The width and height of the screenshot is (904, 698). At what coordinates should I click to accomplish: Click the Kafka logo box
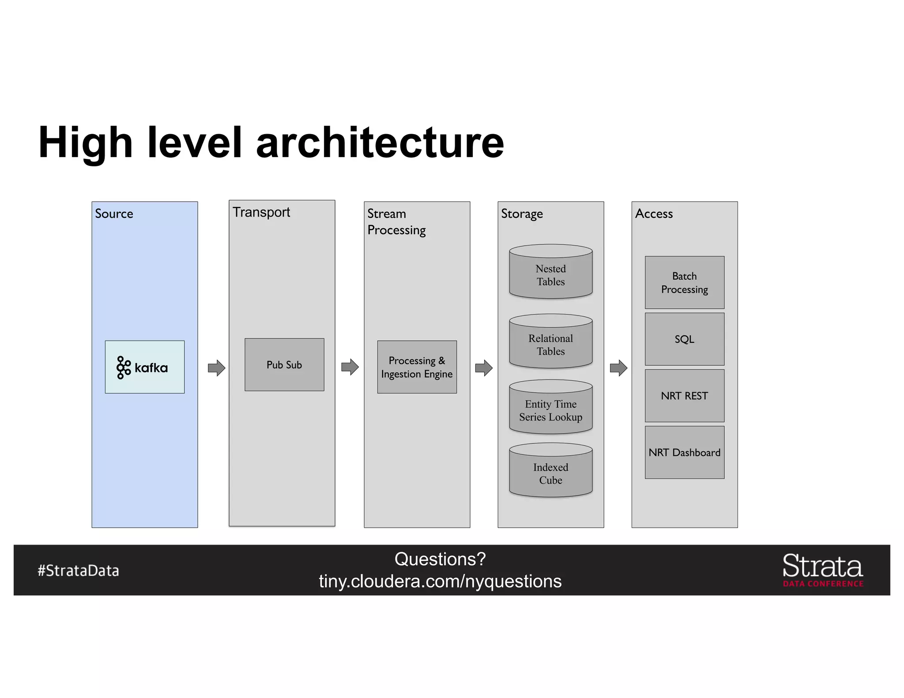coord(144,367)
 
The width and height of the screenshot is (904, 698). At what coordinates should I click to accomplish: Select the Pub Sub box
coord(284,364)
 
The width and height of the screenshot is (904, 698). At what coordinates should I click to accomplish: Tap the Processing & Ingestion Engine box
coord(417,367)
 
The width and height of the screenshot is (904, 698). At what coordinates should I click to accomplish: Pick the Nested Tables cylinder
coord(550,272)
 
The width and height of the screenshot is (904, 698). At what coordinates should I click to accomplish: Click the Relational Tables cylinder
coord(550,342)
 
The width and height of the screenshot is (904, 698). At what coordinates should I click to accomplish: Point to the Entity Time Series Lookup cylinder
coord(550,408)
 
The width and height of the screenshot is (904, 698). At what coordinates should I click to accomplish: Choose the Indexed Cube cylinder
coord(550,471)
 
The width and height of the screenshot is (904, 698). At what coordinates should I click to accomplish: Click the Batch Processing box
coord(684,282)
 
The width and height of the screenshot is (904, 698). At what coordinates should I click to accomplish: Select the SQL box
coord(684,339)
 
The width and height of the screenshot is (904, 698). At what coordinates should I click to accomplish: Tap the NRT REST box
coord(684,395)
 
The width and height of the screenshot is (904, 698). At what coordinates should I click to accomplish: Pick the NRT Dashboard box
coord(684,452)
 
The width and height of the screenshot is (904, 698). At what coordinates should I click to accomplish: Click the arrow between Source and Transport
coord(216,368)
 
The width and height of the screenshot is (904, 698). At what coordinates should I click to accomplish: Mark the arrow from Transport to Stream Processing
coord(350,367)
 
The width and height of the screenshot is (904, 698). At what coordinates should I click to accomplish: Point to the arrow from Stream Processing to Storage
coord(484,368)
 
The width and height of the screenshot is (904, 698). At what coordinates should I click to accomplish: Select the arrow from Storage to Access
coord(618,368)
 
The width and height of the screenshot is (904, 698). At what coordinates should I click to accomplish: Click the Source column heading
coord(114,214)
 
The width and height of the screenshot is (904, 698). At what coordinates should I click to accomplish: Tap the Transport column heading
coord(261,212)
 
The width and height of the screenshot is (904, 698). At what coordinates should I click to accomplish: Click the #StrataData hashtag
coord(78,570)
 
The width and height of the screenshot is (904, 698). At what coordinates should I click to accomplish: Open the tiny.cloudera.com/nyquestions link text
coord(440,581)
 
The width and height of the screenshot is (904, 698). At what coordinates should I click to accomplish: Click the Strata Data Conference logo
coord(822,570)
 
